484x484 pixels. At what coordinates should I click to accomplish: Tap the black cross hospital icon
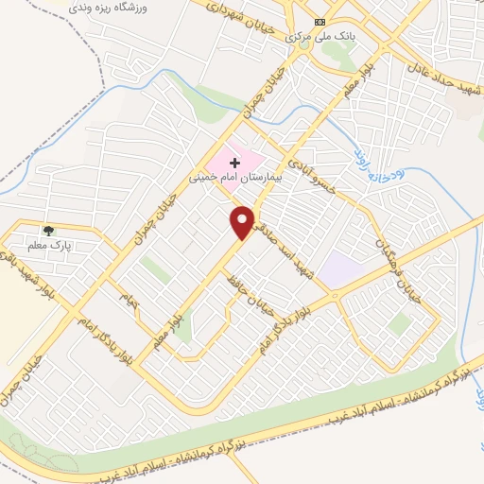[x=235, y=163]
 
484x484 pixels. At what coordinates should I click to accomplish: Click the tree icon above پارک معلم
[x=48, y=230]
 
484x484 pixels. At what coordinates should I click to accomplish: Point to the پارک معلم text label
[x=49, y=246]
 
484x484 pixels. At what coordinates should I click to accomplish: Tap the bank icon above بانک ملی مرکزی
[x=320, y=22]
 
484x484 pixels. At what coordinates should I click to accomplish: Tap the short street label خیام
[x=128, y=301]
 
